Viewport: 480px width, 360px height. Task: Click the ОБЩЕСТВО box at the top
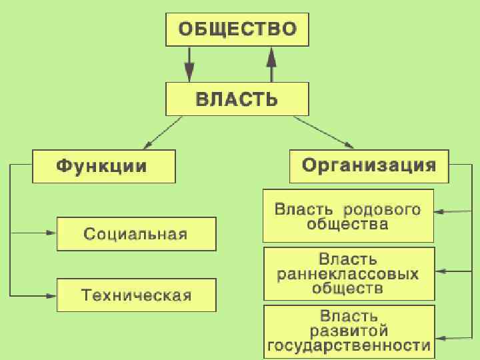(x=237, y=30)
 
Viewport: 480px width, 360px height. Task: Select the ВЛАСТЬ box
(x=237, y=99)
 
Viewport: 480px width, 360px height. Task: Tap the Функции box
(x=103, y=166)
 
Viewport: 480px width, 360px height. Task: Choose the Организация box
(x=369, y=166)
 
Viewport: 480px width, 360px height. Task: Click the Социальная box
(x=136, y=234)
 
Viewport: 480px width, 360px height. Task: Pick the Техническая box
(x=136, y=295)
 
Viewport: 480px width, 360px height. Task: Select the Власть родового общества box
(x=348, y=216)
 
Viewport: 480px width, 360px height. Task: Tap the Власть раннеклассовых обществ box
(x=349, y=273)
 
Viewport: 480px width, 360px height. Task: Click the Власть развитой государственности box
(x=348, y=330)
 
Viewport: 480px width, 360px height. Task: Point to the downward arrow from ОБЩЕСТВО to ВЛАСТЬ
(x=189, y=64)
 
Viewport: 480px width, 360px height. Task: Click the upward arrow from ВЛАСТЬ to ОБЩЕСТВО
(x=271, y=64)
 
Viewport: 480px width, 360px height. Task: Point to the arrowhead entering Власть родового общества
(x=439, y=213)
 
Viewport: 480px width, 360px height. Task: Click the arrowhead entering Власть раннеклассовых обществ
(x=441, y=271)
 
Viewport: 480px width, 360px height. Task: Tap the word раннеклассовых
(x=348, y=273)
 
